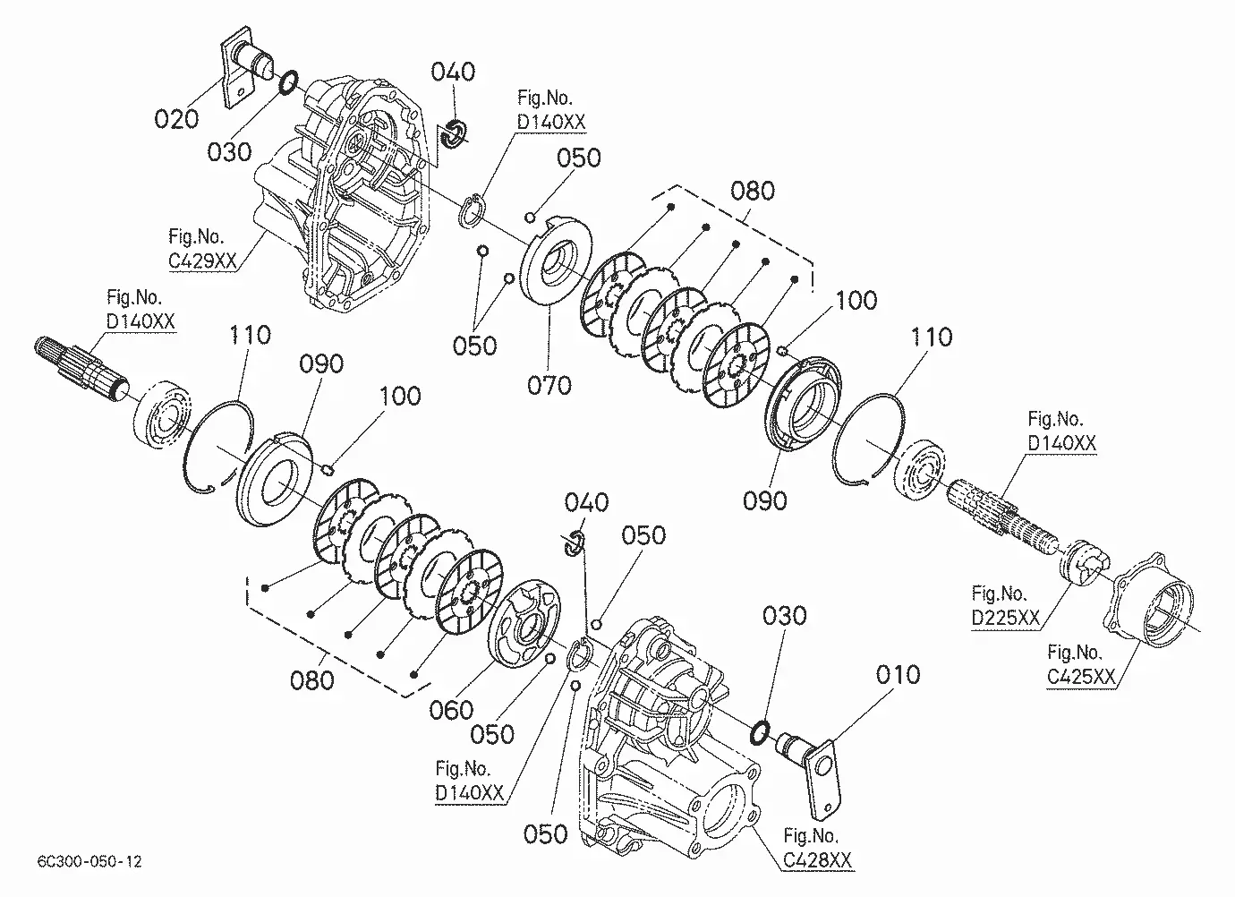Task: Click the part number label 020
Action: click(x=176, y=118)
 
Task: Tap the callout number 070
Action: click(x=549, y=385)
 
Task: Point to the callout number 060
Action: click(x=451, y=710)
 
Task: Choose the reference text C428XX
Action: click(x=818, y=859)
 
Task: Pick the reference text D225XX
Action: click(x=1006, y=618)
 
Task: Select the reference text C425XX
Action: click(x=1082, y=677)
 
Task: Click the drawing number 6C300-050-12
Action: click(x=89, y=861)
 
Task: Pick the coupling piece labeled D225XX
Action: click(x=1083, y=561)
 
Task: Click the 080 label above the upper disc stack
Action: click(x=753, y=191)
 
